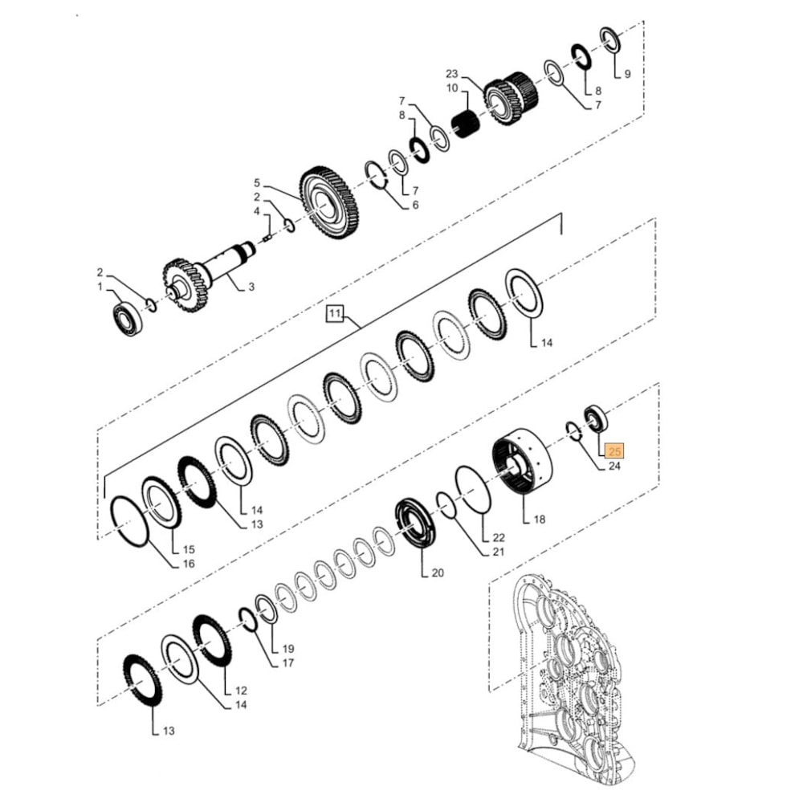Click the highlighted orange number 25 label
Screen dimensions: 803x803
616,451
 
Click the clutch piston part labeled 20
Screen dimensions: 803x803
422,526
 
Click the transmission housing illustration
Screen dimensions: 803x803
562,683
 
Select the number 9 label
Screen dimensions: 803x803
627,74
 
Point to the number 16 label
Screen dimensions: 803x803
189,565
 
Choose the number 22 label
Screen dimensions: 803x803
498,536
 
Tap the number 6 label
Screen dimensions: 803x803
414,206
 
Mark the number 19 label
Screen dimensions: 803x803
288,648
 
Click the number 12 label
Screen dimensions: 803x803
241,691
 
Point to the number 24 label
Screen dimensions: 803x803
613,467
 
